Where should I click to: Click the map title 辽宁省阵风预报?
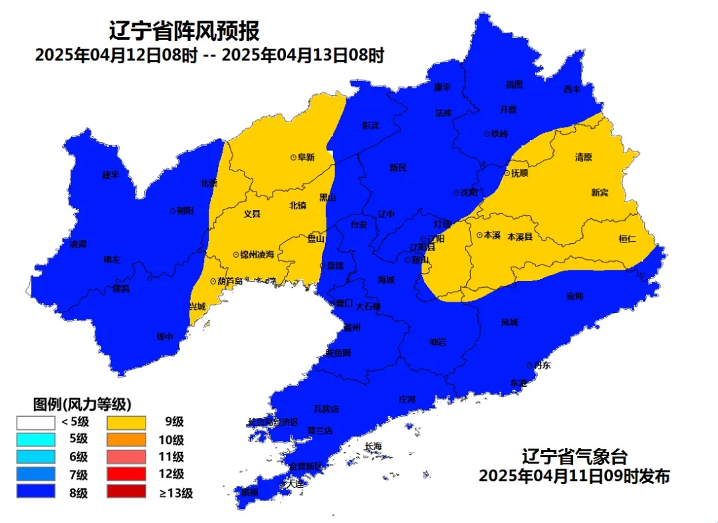[x=183, y=31]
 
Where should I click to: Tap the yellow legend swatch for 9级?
[x=126, y=421]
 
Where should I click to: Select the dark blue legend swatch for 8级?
[x=36, y=492]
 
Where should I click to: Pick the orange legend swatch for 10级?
[x=126, y=439]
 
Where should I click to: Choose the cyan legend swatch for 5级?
[x=36, y=439]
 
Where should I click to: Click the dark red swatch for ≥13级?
[x=126, y=492]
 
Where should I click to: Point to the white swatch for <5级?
[x=36, y=421]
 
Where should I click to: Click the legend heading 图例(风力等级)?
[x=82, y=403]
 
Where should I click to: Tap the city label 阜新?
[x=306, y=157]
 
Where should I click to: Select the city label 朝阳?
[x=185, y=210]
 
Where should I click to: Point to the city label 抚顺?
[x=518, y=173]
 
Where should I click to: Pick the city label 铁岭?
[x=499, y=134]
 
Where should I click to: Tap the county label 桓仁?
[x=628, y=239]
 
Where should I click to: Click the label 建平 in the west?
[x=110, y=175]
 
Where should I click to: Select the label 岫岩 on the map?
[x=437, y=342]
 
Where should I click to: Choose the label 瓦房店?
[x=326, y=409]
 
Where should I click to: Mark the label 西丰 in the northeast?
[x=572, y=89]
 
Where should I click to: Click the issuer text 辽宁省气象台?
[x=574, y=457]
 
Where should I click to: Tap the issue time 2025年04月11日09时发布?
[x=574, y=476]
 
